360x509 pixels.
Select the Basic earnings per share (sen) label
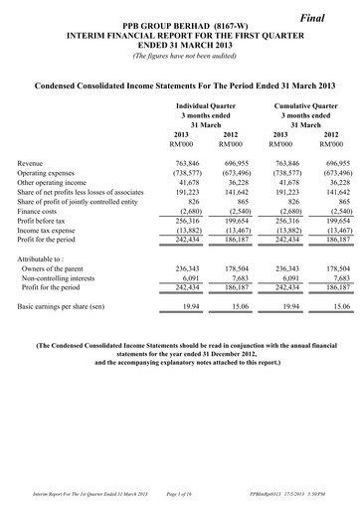pos(68,308)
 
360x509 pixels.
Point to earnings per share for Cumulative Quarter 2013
pos(281,308)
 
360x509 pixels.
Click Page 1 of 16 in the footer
pos(180,494)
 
